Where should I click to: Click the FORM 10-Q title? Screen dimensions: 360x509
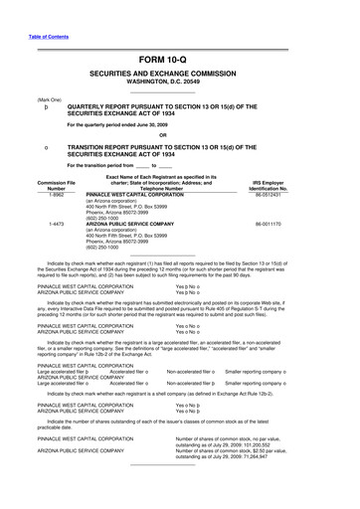tap(179, 60)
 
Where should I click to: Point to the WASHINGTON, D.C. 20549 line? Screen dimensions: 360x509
tap(179, 81)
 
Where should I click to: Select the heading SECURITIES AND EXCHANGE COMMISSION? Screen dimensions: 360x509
tap(179, 73)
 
